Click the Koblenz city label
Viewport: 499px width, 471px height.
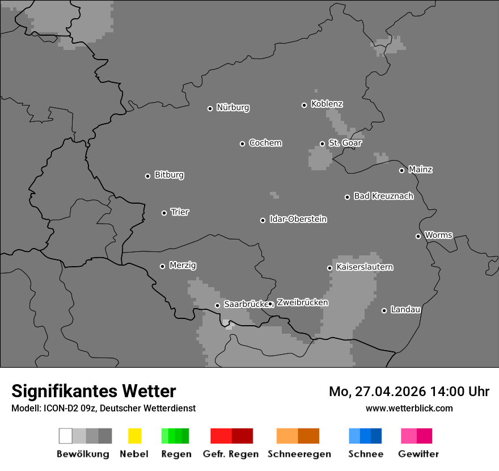click(327, 104)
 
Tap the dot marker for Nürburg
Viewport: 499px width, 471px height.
click(210, 108)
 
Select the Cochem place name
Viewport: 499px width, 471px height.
click(265, 143)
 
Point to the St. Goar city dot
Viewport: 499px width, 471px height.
click(322, 144)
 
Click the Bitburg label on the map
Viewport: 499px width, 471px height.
click(169, 175)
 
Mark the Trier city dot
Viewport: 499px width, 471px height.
click(164, 213)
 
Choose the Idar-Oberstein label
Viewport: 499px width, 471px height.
click(298, 219)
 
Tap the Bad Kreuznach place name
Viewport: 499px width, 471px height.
click(383, 196)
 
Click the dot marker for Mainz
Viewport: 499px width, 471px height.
click(401, 170)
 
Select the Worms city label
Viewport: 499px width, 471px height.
click(438, 235)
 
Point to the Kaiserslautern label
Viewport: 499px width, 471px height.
click(364, 267)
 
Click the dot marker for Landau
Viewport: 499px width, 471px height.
click(384, 310)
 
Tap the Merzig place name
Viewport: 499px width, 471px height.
click(183, 265)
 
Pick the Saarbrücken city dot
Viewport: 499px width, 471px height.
click(217, 305)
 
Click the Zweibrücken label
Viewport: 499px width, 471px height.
click(302, 302)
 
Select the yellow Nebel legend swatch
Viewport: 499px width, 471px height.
click(134, 436)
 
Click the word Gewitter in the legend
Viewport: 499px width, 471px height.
click(418, 454)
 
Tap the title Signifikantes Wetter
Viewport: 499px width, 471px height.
click(94, 391)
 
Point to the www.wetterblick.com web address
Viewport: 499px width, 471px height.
click(409, 408)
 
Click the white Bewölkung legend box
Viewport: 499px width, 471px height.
click(66, 436)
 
